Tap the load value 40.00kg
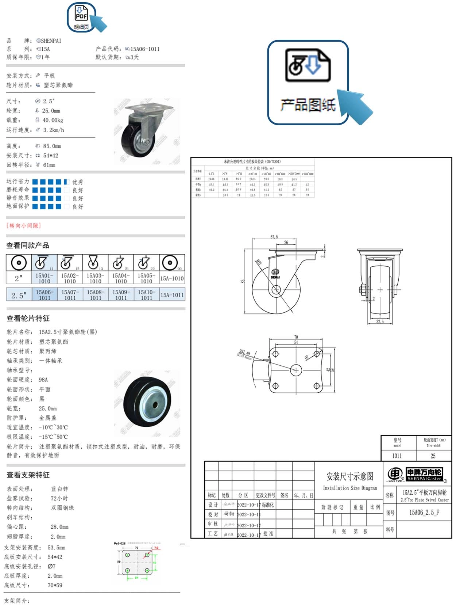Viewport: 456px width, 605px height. pyautogui.click(x=53, y=120)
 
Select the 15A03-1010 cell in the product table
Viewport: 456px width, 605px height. pyautogui.click(x=95, y=278)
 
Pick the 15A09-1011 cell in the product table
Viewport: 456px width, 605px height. pyautogui.click(x=121, y=295)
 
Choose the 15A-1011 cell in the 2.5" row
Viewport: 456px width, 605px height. pyautogui.click(x=172, y=295)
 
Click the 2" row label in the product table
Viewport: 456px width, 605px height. pyautogui.click(x=19, y=278)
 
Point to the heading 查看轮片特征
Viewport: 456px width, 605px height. pyautogui.click(x=28, y=318)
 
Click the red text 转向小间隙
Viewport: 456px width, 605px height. pyautogui.click(x=24, y=226)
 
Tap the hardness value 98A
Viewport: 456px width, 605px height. pyautogui.click(x=43, y=380)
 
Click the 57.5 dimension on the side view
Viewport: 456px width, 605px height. pyautogui.click(x=274, y=237)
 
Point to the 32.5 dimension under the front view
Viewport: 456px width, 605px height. pyautogui.click(x=380, y=321)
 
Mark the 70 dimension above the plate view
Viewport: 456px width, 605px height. pyautogui.click(x=296, y=337)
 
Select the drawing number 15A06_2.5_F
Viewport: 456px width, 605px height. pyautogui.click(x=424, y=513)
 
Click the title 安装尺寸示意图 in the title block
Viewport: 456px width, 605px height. pyautogui.click(x=350, y=476)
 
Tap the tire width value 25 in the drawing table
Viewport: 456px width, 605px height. pyautogui.click(x=433, y=456)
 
